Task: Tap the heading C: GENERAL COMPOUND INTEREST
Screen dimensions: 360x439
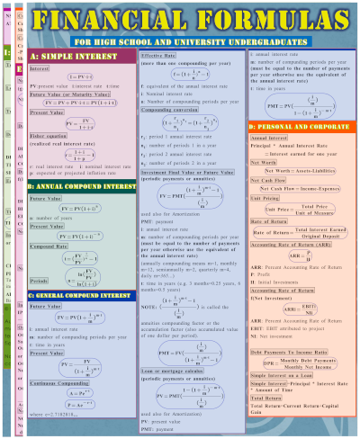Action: tap(81, 294)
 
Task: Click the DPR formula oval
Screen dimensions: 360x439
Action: tap(298, 364)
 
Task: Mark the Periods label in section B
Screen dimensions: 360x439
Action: tap(40, 279)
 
